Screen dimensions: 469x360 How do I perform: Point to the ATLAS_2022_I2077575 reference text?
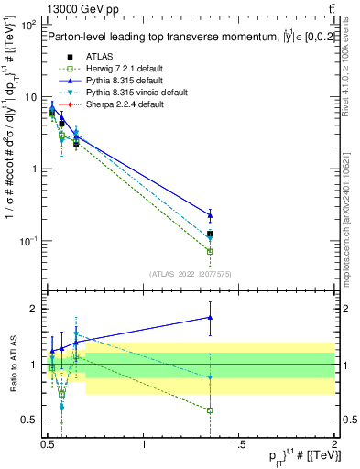click(189, 274)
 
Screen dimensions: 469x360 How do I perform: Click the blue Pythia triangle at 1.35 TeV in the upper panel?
click(210, 215)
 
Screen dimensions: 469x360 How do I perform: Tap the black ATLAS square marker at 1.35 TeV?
click(210, 234)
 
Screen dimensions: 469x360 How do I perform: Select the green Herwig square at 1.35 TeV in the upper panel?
click(210, 251)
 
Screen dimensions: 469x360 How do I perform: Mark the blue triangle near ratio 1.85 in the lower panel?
click(210, 318)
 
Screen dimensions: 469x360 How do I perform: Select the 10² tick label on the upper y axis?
click(28, 26)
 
